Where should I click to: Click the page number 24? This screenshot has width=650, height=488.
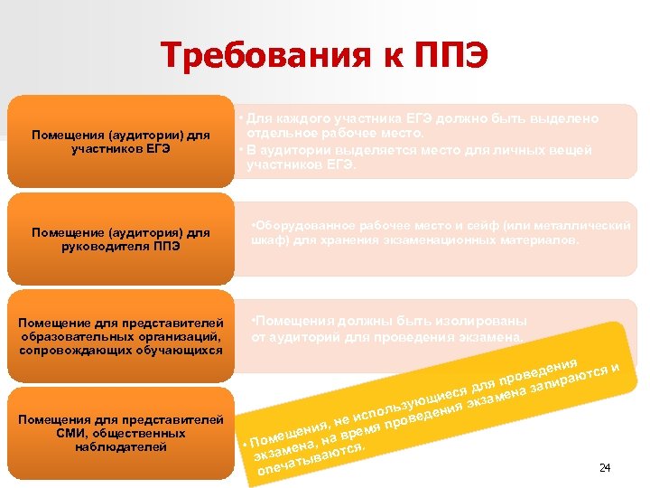[605, 467]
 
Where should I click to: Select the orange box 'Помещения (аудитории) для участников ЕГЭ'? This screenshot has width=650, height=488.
[121, 142]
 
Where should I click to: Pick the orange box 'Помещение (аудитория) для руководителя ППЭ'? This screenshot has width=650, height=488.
[121, 239]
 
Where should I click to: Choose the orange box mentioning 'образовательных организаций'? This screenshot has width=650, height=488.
[121, 335]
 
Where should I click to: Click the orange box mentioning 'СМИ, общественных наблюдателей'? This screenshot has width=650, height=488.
[121, 433]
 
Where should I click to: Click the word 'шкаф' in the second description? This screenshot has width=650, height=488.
[265, 240]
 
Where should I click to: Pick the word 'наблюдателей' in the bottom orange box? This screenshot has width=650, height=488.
[121, 446]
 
